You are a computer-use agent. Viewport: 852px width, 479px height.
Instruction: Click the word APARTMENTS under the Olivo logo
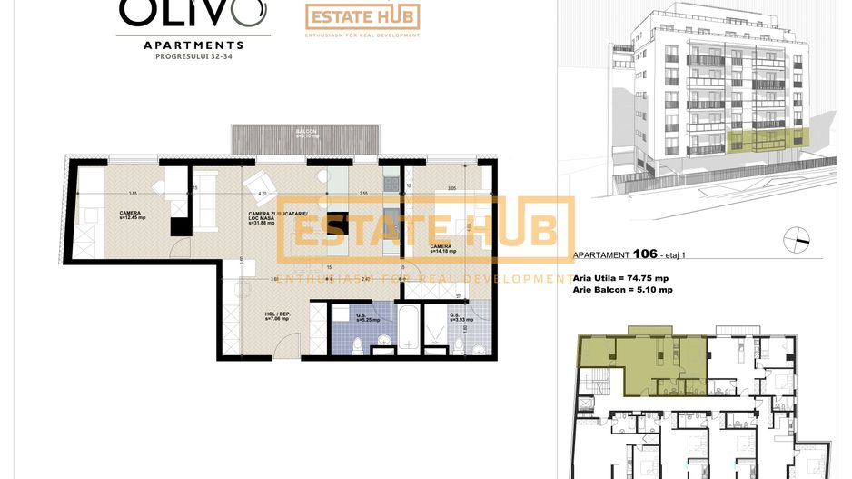click(x=193, y=44)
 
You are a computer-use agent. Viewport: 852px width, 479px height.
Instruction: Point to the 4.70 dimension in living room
click(x=262, y=194)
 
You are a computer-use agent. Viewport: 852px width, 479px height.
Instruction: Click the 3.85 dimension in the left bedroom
click(x=133, y=194)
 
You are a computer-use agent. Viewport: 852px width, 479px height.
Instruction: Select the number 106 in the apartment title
click(x=645, y=255)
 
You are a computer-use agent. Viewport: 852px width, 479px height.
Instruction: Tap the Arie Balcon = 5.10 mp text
click(x=622, y=290)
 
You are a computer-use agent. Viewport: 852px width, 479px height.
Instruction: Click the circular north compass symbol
click(x=797, y=238)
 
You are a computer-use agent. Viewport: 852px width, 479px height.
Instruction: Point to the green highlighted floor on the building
click(x=768, y=139)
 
